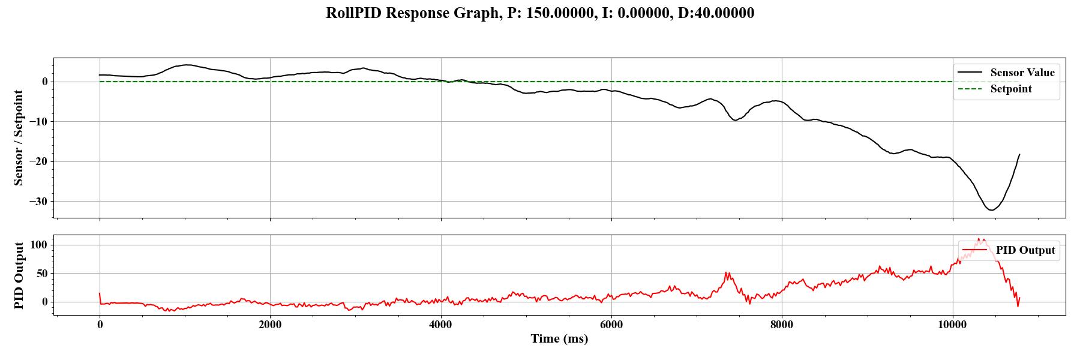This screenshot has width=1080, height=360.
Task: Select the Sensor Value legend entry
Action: tap(1022, 73)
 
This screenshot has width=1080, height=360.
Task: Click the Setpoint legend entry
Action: tap(1011, 89)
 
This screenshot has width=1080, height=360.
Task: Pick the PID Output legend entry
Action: tap(1025, 250)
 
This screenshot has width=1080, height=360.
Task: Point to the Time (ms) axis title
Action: tap(559, 339)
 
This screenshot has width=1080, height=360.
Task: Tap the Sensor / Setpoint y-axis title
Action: tap(19, 138)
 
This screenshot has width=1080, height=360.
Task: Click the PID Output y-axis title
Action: tap(19, 275)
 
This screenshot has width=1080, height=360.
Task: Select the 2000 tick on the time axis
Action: tap(270, 325)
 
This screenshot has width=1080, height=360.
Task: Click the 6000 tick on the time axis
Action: tap(611, 325)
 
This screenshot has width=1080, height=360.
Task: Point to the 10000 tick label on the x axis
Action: tap(952, 325)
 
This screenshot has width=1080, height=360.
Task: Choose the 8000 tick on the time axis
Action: tap(782, 325)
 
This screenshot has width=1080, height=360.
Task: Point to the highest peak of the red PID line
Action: tap(979, 239)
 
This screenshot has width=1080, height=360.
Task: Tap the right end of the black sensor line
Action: tap(1019, 155)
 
